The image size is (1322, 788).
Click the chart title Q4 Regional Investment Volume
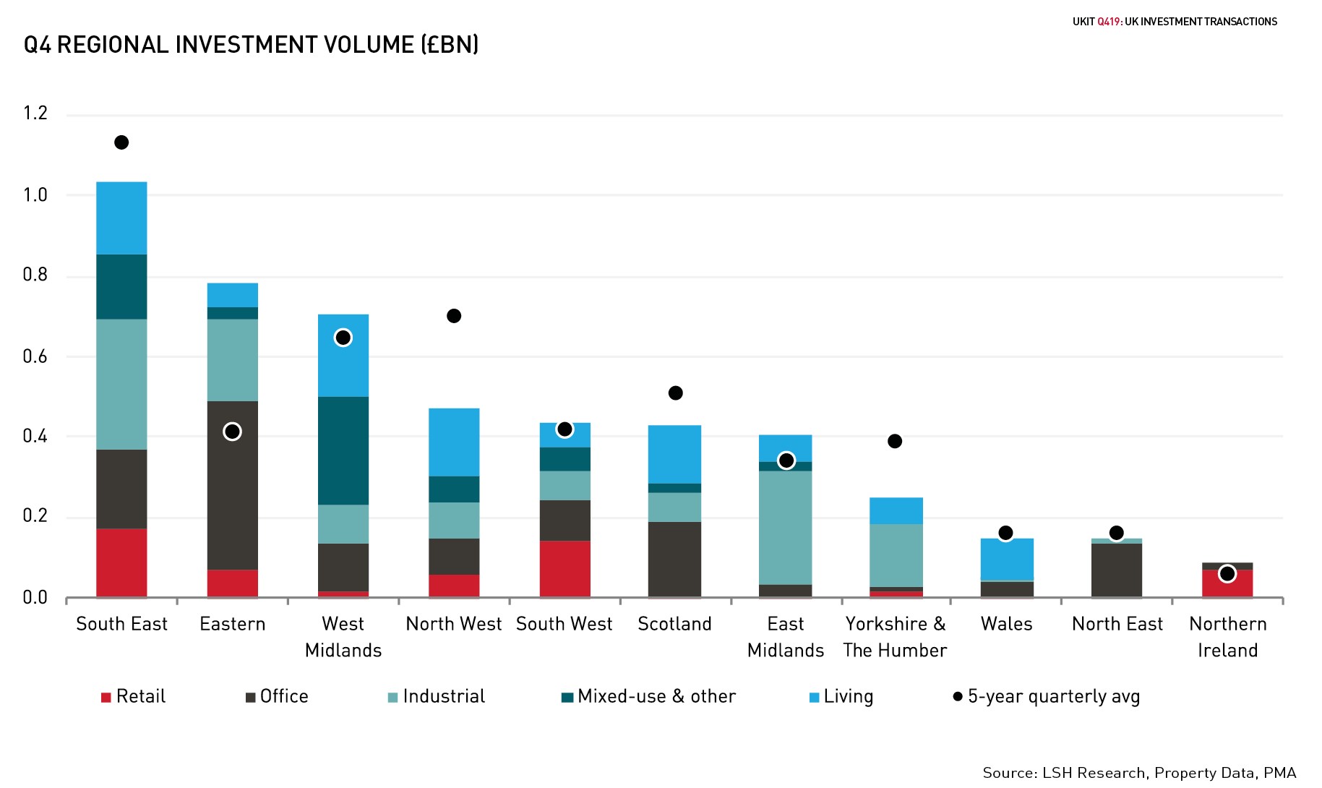pos(251,45)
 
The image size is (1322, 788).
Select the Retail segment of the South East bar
pos(121,562)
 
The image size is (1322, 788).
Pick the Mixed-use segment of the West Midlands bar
pos(343,450)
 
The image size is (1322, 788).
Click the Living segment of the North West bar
pos(454,442)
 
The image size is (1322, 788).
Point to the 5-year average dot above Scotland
pos(675,393)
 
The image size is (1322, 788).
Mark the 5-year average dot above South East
pos(121,142)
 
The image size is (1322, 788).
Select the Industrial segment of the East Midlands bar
pos(786,528)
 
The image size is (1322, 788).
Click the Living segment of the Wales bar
pos(1007,559)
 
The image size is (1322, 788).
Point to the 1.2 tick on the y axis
pos(35,114)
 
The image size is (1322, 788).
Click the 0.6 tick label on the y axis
pos(35,356)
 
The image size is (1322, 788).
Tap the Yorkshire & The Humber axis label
pos(895,637)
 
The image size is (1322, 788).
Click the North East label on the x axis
pos(1117,624)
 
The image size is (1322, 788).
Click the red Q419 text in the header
pos(1108,22)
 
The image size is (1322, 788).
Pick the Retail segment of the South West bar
pos(565,568)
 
